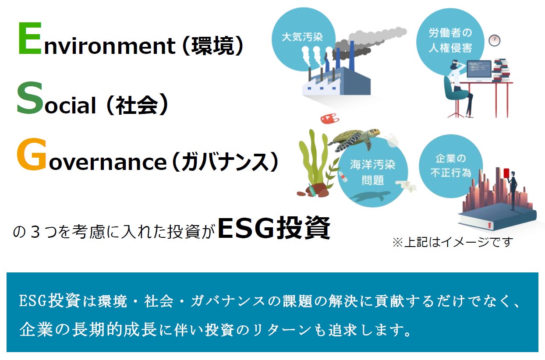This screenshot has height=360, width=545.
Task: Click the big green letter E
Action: (x=30, y=38)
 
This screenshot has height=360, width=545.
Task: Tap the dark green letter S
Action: (x=30, y=98)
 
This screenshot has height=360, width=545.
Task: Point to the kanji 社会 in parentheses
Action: (x=137, y=105)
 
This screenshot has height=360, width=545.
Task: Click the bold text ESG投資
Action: (x=274, y=228)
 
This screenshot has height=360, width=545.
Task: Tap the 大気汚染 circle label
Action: (x=302, y=37)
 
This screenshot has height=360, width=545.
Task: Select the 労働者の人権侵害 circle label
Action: (x=450, y=40)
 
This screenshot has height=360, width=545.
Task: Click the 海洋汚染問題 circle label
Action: (x=372, y=172)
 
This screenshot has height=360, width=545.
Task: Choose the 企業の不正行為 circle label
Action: (x=451, y=166)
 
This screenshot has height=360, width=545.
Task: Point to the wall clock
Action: (x=494, y=40)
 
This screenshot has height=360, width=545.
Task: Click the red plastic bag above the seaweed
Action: (x=330, y=119)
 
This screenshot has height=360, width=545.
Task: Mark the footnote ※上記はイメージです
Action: (x=453, y=242)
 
